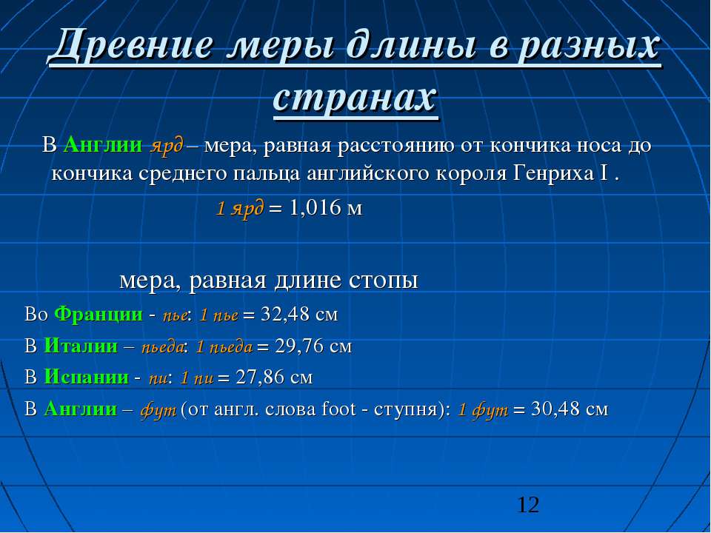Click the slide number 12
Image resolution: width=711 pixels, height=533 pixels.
click(x=528, y=504)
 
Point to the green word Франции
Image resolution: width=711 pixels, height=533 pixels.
click(x=99, y=314)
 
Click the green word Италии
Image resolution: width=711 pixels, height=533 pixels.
click(x=81, y=346)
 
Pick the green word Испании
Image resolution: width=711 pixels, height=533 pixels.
click(x=86, y=377)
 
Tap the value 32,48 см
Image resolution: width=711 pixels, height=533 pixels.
click(x=299, y=314)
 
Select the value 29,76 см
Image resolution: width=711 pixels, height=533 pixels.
click(x=313, y=346)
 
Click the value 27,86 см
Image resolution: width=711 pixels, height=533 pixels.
click(x=274, y=378)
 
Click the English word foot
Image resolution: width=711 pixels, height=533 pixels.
click(x=338, y=409)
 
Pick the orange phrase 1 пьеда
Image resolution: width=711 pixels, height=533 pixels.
click(x=224, y=346)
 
